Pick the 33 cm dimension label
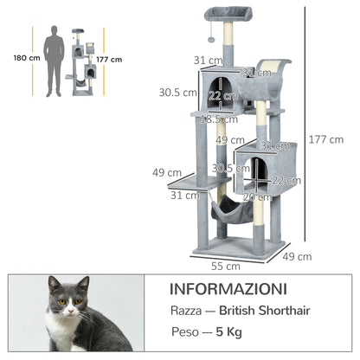coord(252,72)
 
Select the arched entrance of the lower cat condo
coord(260,173)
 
